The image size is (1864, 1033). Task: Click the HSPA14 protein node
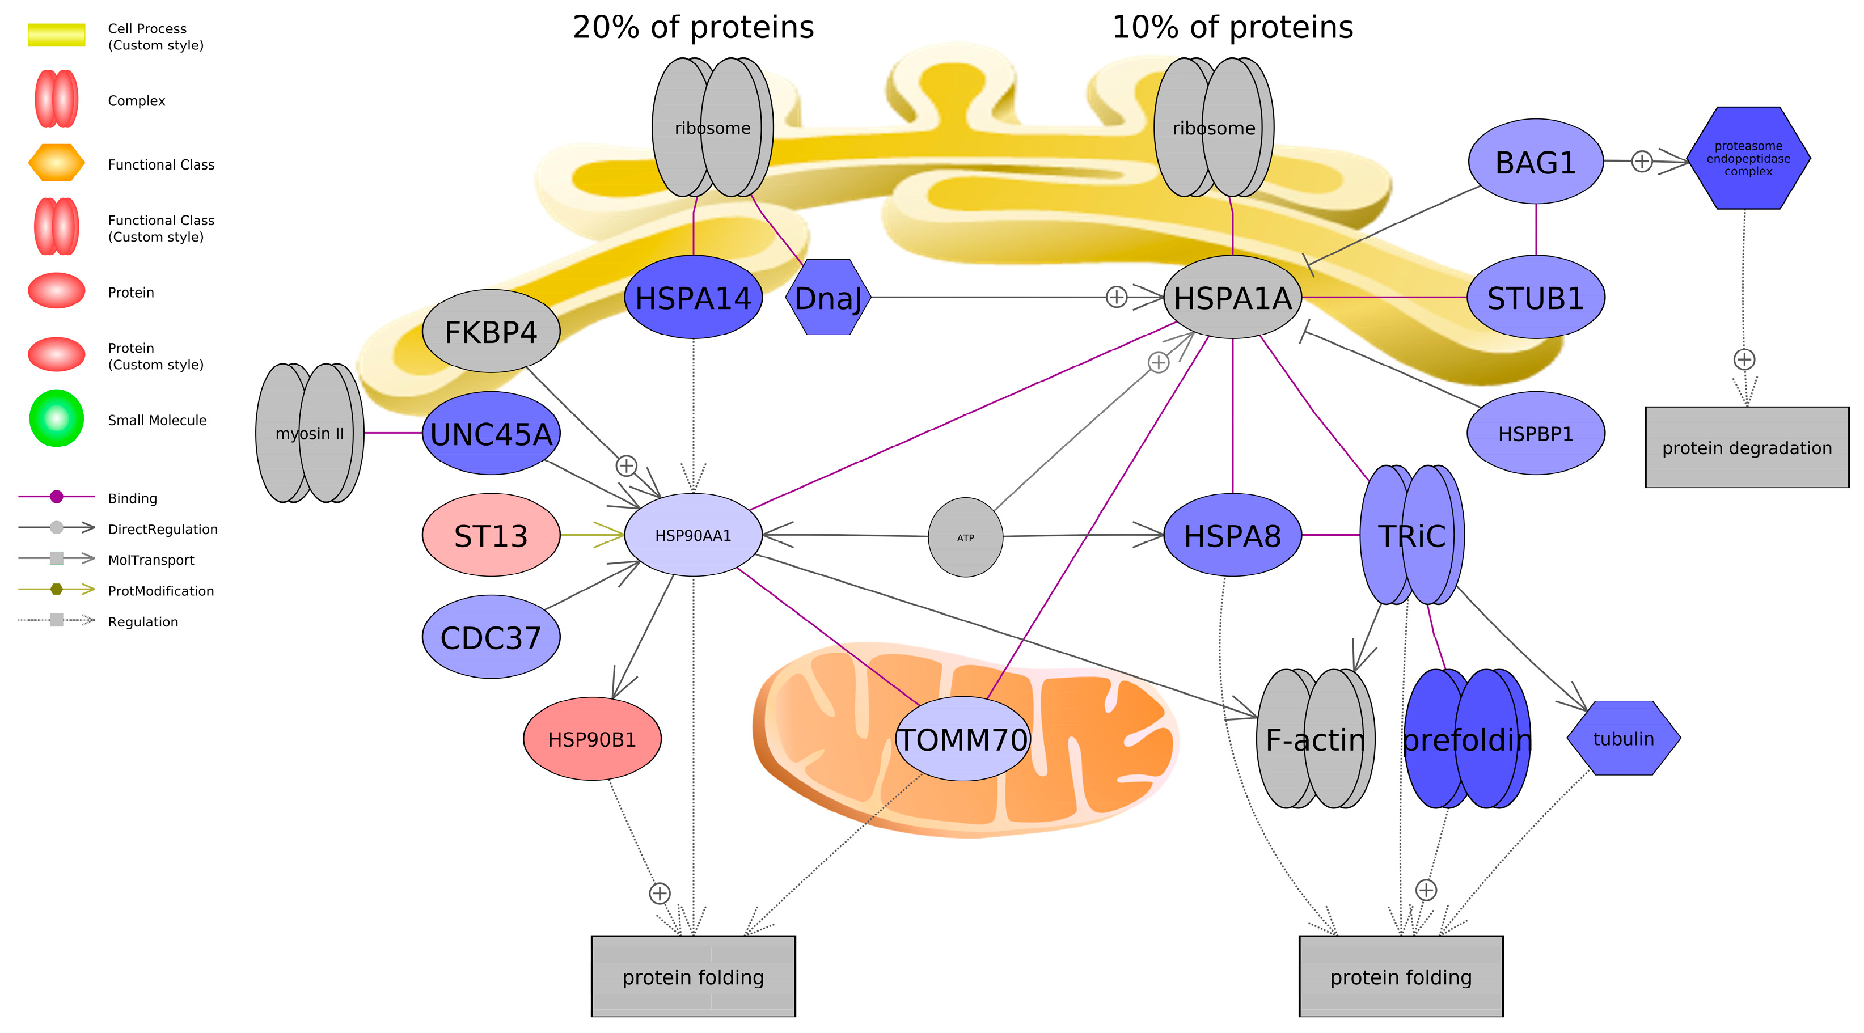[x=692, y=297]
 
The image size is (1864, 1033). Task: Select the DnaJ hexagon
[x=828, y=297]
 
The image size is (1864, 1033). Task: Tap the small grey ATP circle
[x=965, y=537]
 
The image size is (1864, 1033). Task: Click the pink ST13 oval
[x=491, y=535]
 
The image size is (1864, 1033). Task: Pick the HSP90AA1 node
[x=692, y=535]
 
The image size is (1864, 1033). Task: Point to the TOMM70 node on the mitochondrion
[x=962, y=739]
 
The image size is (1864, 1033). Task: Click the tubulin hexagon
[x=1623, y=739]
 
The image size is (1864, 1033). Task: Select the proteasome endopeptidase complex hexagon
[x=1748, y=158]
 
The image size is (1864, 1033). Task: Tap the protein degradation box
[x=1746, y=447]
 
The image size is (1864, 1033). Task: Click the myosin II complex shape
[x=310, y=433]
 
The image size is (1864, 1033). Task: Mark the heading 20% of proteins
[x=692, y=27]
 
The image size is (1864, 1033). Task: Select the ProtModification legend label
[x=160, y=591]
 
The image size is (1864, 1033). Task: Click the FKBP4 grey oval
[x=491, y=331]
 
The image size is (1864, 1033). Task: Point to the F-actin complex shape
[x=1315, y=739]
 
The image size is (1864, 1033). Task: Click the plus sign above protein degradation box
[x=1744, y=359]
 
